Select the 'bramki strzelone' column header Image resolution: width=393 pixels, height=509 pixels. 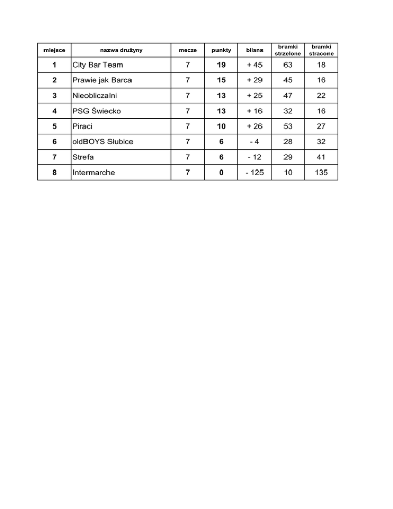point(288,50)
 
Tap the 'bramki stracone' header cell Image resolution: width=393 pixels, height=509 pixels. point(321,50)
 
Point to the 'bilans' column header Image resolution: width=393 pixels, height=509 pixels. point(254,50)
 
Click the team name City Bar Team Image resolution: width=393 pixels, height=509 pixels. point(98,66)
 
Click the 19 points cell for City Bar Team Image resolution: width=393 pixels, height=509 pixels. point(221,66)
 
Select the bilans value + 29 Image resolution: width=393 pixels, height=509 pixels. point(254,81)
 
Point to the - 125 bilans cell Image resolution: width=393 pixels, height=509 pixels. point(254,173)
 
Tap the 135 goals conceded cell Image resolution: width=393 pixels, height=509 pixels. point(321,173)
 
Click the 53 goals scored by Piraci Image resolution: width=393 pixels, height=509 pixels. point(288,127)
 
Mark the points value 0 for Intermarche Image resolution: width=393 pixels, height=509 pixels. point(221,173)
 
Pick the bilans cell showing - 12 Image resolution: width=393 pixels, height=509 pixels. point(254,157)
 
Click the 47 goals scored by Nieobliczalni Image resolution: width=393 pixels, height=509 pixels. point(288,96)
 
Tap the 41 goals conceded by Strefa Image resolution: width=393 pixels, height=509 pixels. point(321,157)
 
